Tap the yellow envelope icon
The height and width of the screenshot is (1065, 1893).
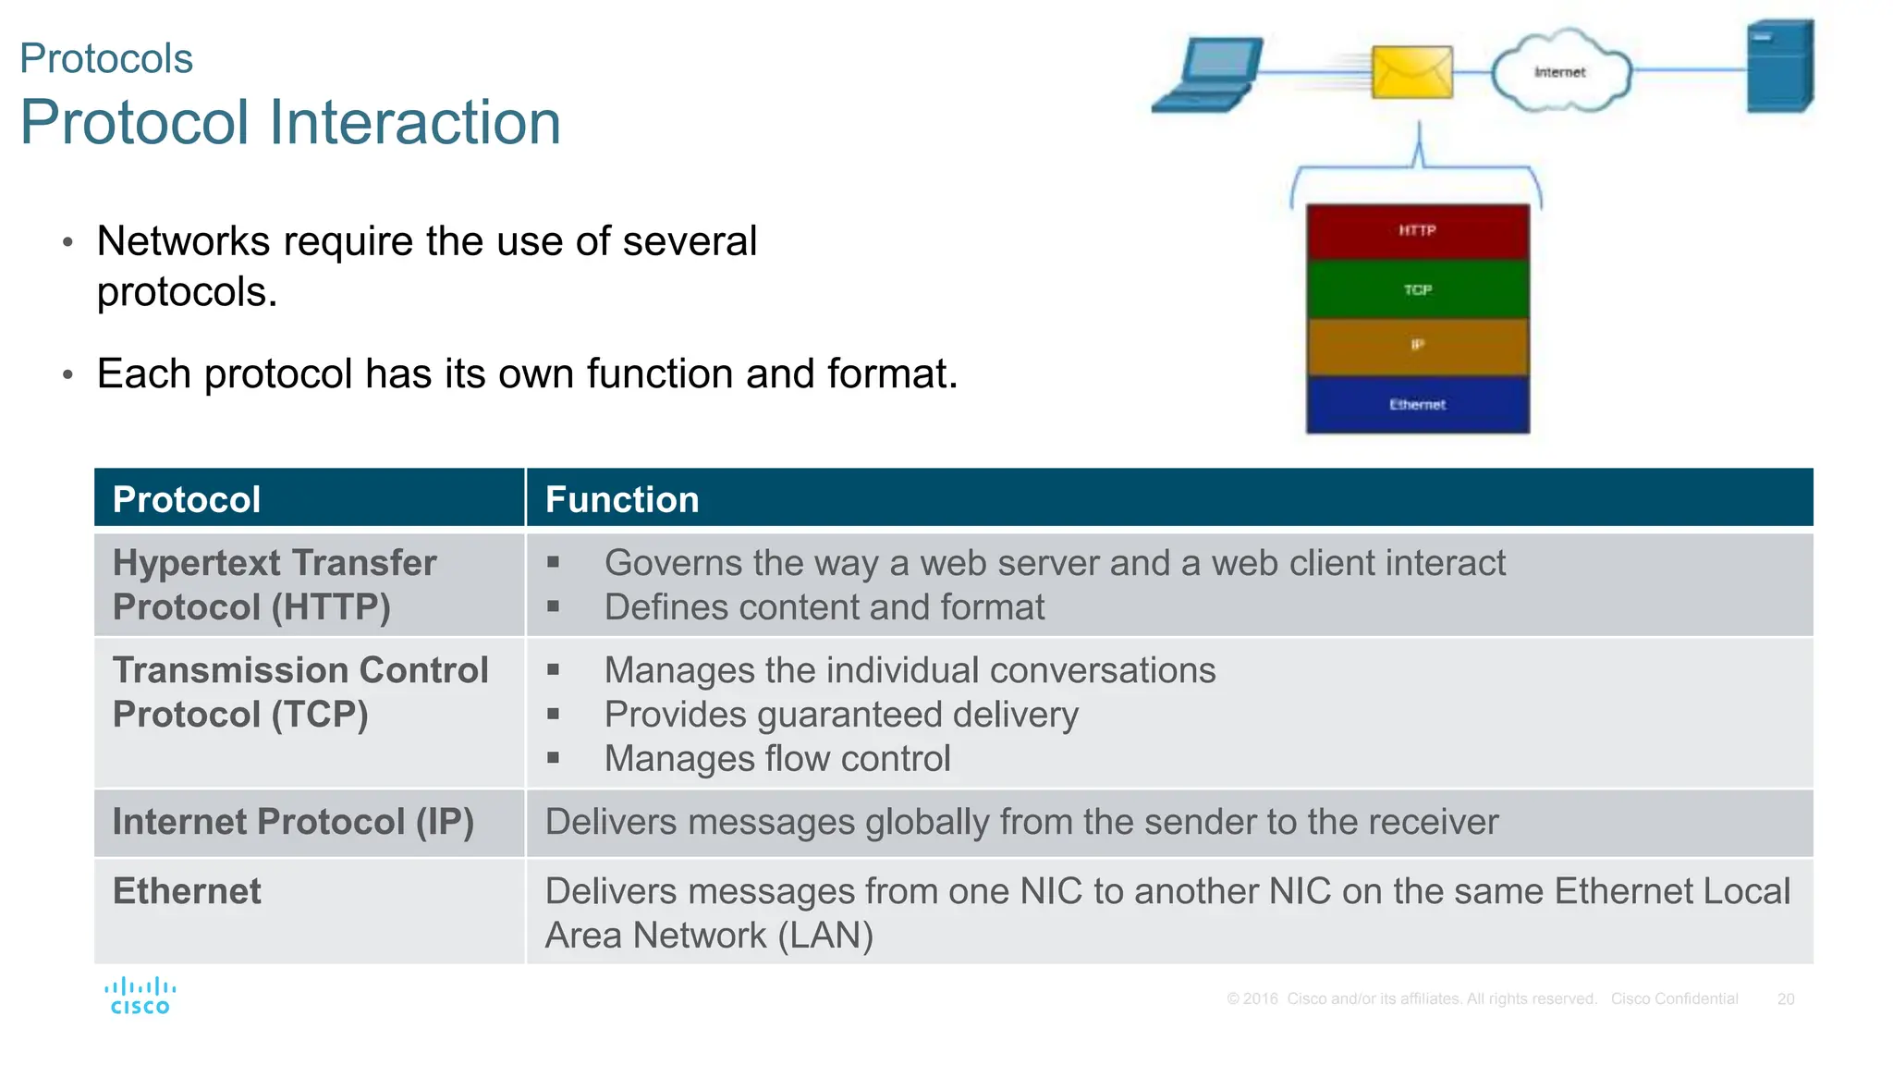(x=1411, y=72)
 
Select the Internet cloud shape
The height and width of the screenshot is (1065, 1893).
(x=1560, y=71)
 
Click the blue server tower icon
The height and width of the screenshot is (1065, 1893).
(x=1779, y=67)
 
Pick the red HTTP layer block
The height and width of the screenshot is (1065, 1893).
(x=1417, y=231)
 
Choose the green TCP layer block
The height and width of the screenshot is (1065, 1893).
(x=1417, y=290)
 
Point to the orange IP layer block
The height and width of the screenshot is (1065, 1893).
(x=1417, y=346)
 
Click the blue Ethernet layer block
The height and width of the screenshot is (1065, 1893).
(x=1417, y=405)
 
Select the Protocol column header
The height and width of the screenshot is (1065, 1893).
(x=187, y=499)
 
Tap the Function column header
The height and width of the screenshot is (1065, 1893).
(x=622, y=499)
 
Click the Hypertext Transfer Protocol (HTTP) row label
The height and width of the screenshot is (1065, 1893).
(x=274, y=584)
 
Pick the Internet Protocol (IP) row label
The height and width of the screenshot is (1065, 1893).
(x=292, y=822)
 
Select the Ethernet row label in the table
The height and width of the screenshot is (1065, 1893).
(x=187, y=891)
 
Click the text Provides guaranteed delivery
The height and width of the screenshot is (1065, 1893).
(x=840, y=715)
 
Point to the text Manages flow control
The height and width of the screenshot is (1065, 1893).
(x=776, y=759)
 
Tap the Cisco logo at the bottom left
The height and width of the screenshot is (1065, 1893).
(x=140, y=997)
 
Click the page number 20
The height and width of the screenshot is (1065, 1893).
(x=1785, y=999)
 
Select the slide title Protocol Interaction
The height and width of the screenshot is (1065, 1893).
(x=290, y=122)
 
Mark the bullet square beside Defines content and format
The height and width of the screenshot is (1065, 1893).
(x=553, y=607)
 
